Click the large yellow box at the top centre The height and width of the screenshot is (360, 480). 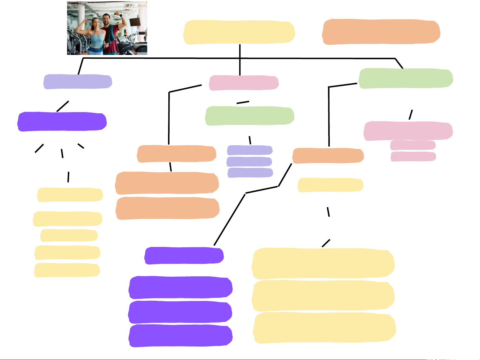coord(239,32)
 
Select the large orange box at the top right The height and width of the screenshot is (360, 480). coord(381,32)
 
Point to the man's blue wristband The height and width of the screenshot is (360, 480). coord(121,15)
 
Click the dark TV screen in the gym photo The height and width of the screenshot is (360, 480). coord(135,22)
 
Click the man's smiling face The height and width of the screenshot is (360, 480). coord(106,20)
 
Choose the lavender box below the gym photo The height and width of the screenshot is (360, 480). coord(78,82)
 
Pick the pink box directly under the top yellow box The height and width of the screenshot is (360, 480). coord(244,83)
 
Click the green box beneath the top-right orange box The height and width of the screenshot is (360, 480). coord(406,78)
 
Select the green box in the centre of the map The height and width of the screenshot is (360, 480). coord(250,116)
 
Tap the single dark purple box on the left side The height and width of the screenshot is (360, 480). coord(62,121)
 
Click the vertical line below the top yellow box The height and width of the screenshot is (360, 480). coord(240,59)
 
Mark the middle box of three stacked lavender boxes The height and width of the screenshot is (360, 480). coord(249,162)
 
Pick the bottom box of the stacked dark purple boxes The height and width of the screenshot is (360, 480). coord(181,336)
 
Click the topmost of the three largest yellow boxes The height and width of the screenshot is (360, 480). coord(323,263)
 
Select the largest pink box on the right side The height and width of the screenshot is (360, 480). coord(408,131)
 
